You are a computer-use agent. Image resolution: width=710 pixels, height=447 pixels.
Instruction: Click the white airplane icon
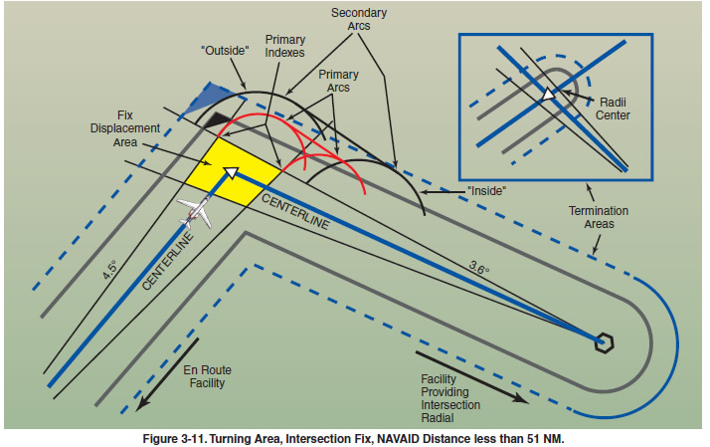click(195, 211)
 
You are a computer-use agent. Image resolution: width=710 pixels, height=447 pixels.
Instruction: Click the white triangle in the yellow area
click(231, 172)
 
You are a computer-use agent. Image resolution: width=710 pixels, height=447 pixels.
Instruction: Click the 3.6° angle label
click(479, 267)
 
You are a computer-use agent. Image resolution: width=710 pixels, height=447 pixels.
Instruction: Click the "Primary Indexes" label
click(285, 47)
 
